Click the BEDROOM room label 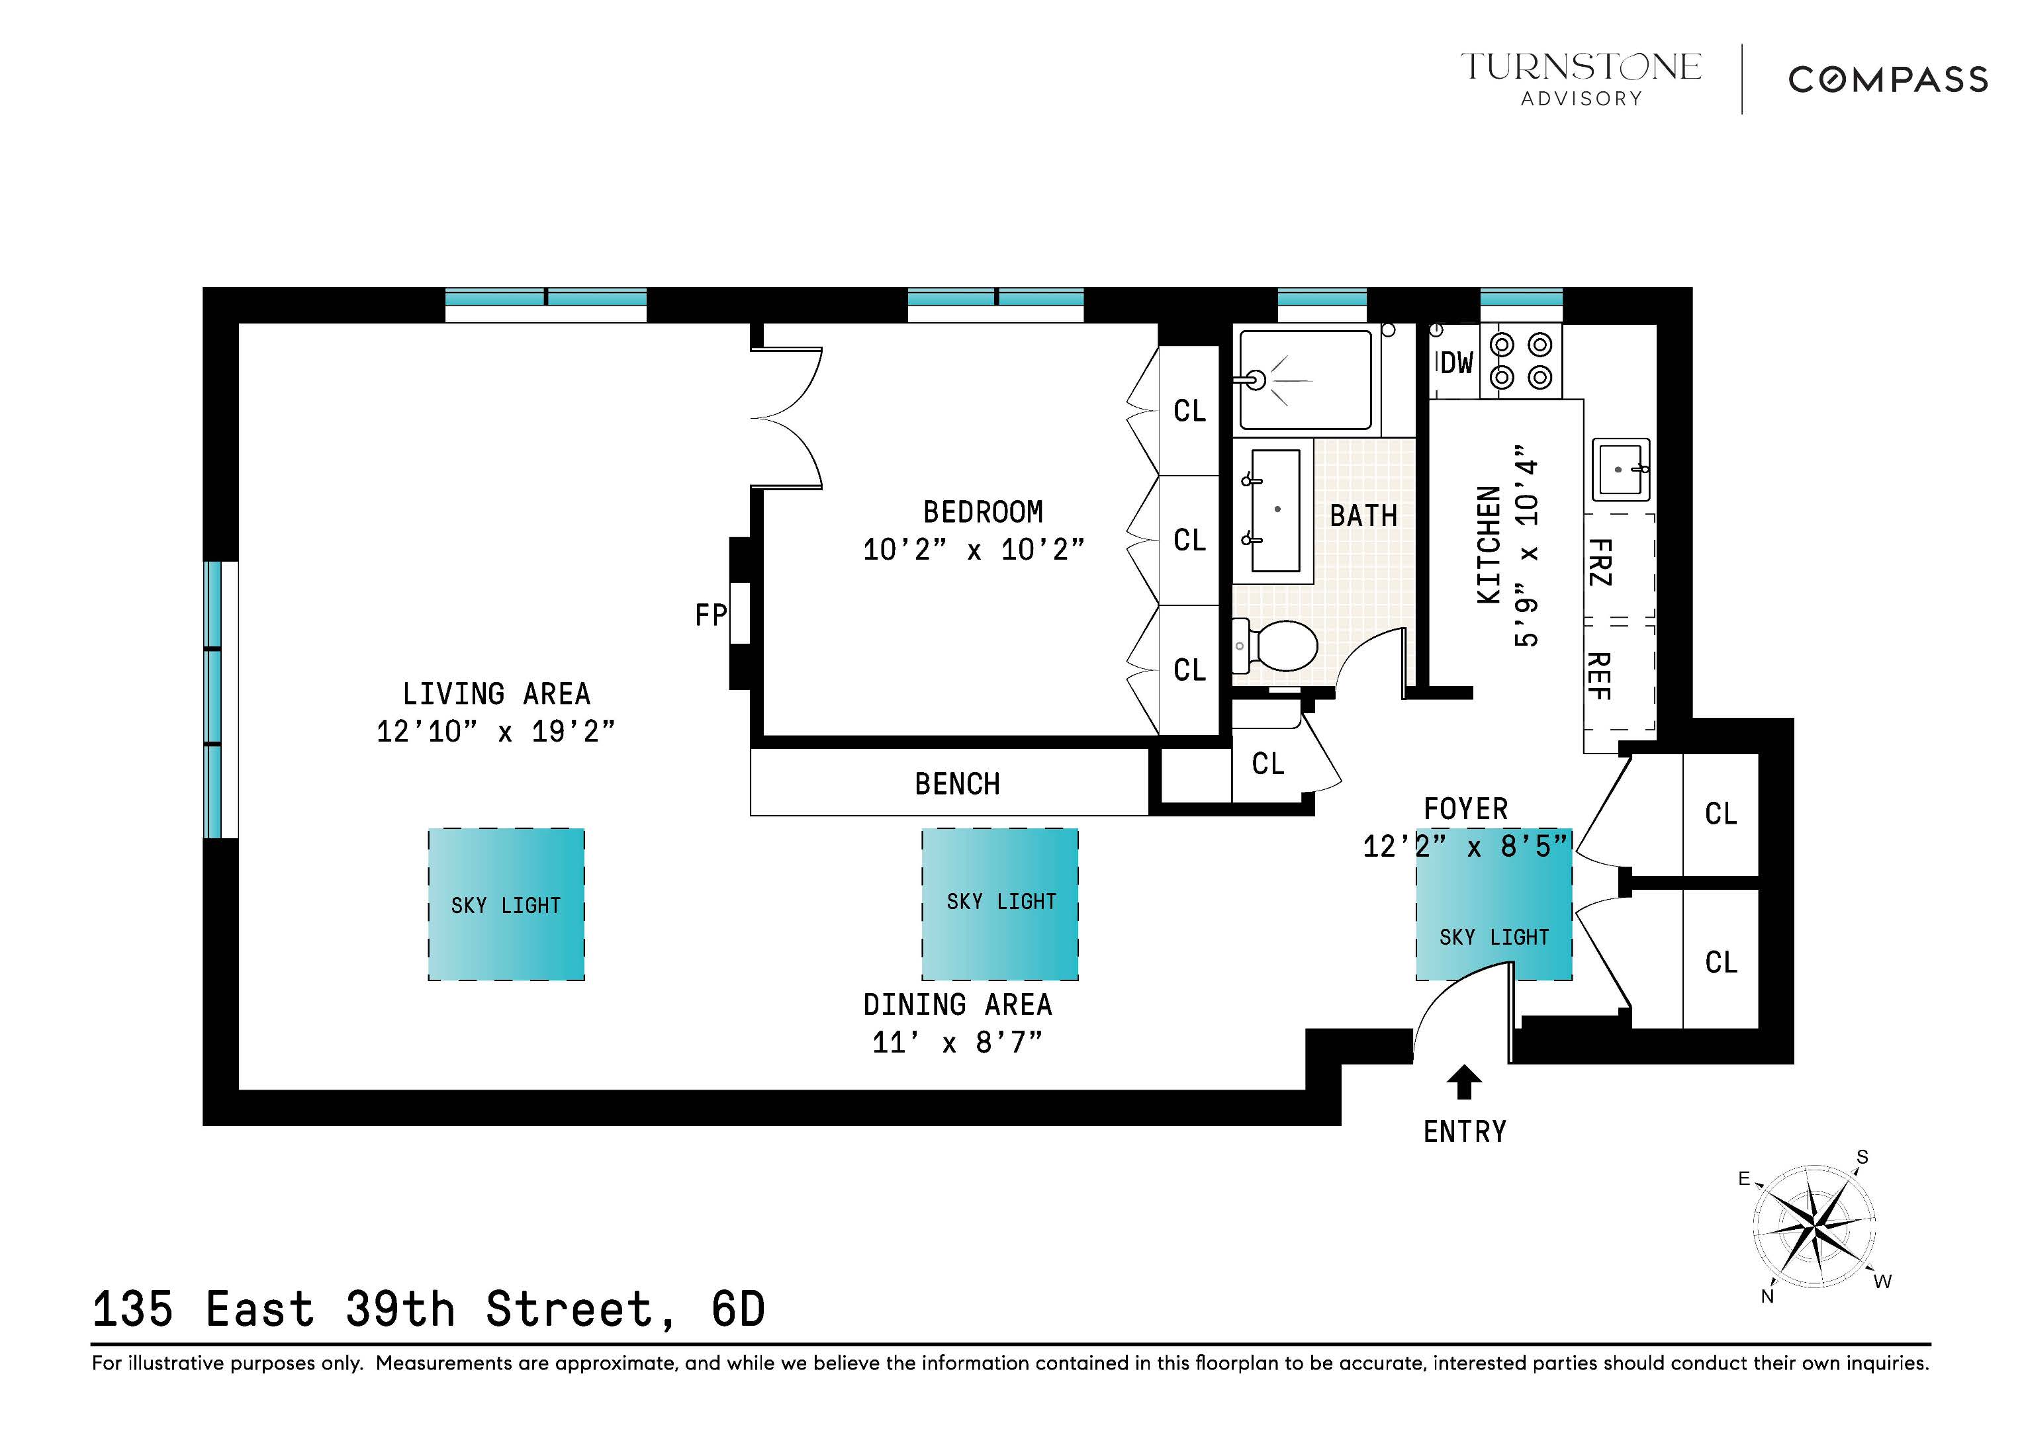coord(982,511)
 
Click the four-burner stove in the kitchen coord(1521,361)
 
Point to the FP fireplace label coord(710,615)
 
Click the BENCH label coord(956,783)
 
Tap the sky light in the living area coord(506,904)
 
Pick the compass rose coord(1814,1226)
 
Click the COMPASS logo coord(1887,80)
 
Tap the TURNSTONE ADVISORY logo coord(1581,78)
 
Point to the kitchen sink coord(1620,469)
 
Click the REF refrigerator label coord(1598,676)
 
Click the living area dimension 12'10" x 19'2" coord(495,731)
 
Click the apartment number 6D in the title coord(738,1309)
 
